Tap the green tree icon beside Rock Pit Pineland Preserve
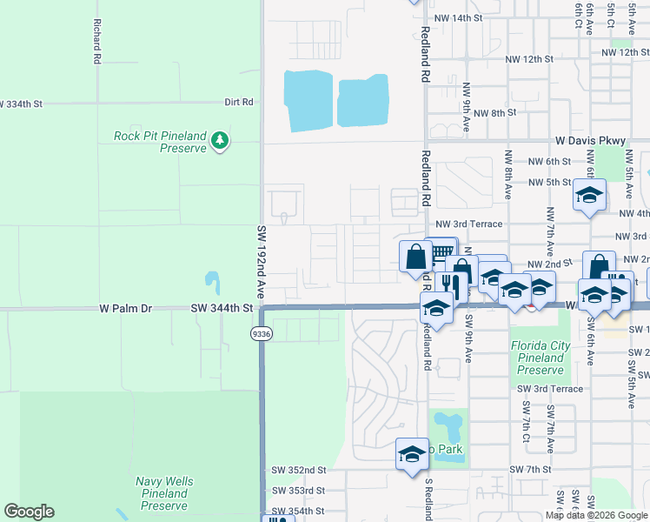221,139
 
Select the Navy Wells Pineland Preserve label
164,493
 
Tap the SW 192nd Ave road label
260,262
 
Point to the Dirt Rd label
238,102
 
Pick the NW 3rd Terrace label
469,224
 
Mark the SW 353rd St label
297,490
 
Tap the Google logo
29,512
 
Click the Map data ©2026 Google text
595,515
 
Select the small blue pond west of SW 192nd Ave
212,283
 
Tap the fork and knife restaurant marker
450,285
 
